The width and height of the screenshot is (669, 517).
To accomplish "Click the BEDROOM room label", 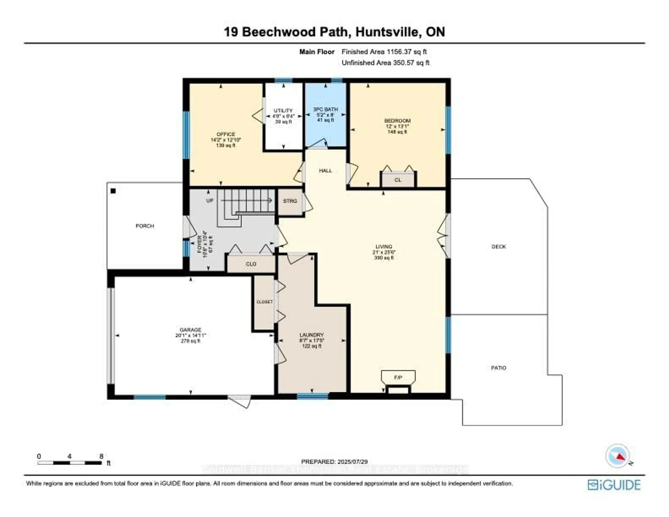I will click(x=397, y=121).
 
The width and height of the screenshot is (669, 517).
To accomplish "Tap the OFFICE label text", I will click(x=226, y=134).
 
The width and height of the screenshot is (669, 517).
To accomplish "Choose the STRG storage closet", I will click(x=290, y=201).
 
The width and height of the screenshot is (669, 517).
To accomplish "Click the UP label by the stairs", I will click(x=210, y=201).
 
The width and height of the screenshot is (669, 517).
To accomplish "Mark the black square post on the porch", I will click(x=113, y=191).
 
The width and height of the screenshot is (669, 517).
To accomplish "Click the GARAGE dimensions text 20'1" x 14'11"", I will click(x=190, y=336).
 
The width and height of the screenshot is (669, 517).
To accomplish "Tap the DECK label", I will click(x=498, y=246).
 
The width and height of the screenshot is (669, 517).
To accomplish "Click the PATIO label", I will click(x=498, y=368).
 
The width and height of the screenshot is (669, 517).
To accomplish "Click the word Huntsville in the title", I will click(x=387, y=32).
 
